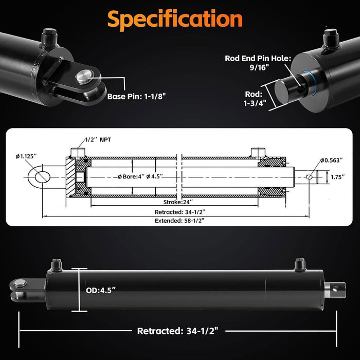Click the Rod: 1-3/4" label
tap(252, 99)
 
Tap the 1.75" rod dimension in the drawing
tap(337, 177)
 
